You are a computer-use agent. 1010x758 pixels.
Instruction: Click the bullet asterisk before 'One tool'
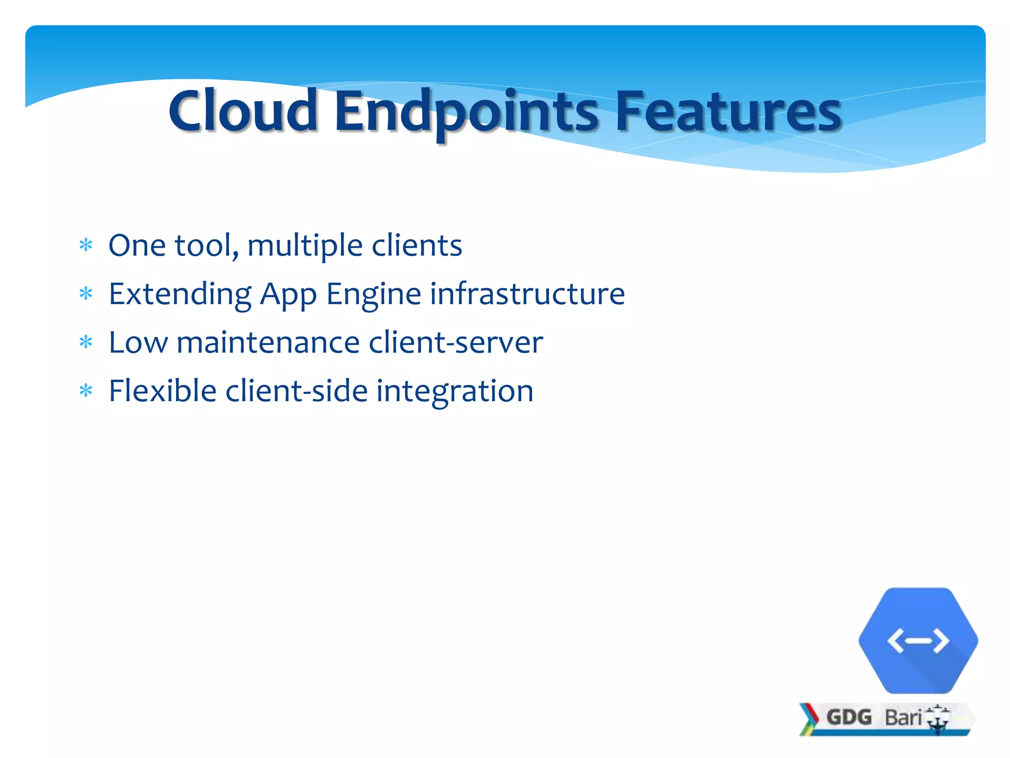(x=86, y=245)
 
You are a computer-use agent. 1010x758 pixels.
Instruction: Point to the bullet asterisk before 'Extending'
(x=86, y=294)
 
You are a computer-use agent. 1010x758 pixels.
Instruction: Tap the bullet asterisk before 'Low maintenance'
(x=86, y=342)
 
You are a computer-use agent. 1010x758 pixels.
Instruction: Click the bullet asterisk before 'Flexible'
(x=86, y=391)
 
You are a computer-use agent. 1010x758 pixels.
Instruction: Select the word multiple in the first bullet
(x=305, y=246)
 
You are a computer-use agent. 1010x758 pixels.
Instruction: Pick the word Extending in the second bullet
(x=180, y=294)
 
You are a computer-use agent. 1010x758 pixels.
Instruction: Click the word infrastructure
(x=527, y=294)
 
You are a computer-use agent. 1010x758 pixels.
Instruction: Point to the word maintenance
(x=268, y=342)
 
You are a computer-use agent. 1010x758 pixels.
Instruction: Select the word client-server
(x=456, y=342)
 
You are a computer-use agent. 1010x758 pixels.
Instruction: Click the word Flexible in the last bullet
(x=162, y=391)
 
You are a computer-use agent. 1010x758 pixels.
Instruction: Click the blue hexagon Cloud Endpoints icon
(x=918, y=641)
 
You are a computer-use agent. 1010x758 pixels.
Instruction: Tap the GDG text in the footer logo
(x=849, y=717)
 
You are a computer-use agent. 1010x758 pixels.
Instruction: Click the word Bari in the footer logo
(x=902, y=718)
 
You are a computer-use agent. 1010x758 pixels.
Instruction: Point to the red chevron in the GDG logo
(x=810, y=714)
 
